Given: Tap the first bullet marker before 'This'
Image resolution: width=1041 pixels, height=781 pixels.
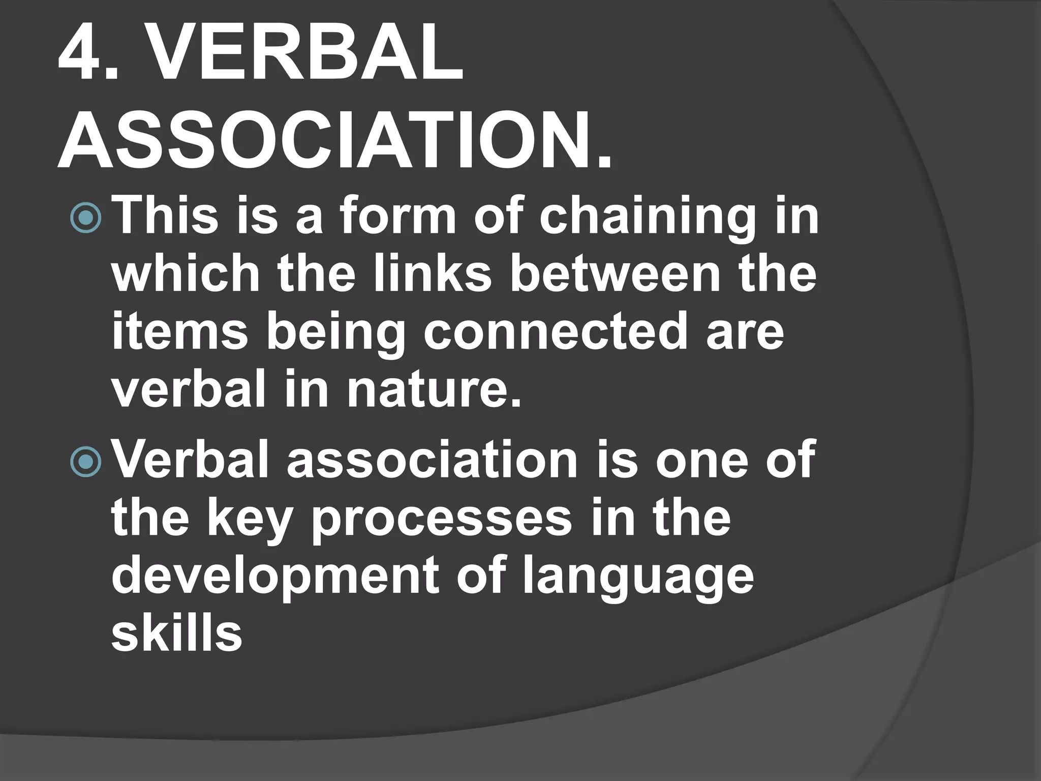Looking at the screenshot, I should point(86,218).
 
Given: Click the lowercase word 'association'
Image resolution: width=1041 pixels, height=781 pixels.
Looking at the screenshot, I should point(432,460).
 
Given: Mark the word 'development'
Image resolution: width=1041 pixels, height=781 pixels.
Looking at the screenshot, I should point(275,578).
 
